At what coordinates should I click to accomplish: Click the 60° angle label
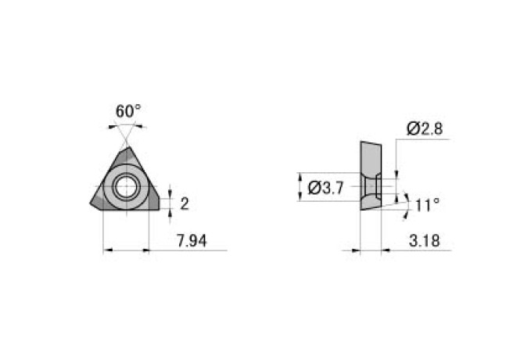129,111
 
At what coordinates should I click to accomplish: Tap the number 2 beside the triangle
185,203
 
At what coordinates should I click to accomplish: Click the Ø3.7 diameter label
328,188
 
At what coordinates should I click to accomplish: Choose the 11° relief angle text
427,205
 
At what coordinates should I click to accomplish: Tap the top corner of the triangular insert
125,147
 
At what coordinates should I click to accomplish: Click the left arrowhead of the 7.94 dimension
106,250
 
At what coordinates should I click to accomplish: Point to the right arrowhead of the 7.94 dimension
145,250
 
